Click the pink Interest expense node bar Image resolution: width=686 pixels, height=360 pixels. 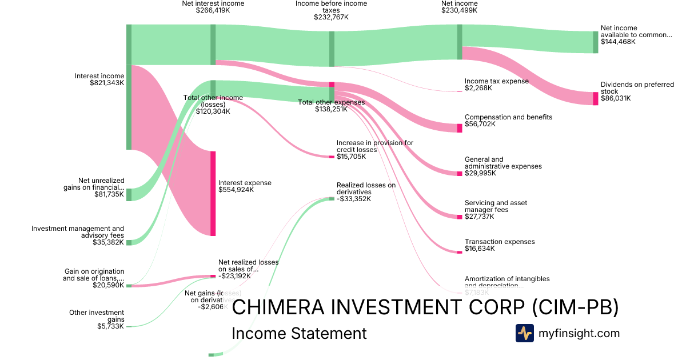click(213, 193)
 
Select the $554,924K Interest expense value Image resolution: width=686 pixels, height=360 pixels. click(237, 190)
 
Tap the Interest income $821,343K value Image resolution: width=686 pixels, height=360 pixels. click(107, 83)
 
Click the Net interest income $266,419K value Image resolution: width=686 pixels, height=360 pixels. click(213, 10)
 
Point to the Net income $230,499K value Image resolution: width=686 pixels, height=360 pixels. click(459, 10)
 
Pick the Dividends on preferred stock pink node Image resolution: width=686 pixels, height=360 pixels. click(595, 98)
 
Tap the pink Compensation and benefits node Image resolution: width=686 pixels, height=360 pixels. click(460, 128)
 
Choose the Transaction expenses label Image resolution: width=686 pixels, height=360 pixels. click(500, 242)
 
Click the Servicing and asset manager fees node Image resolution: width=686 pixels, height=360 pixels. click(460, 217)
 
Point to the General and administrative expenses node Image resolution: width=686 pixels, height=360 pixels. click(460, 173)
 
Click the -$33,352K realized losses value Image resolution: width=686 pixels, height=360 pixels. click(353, 199)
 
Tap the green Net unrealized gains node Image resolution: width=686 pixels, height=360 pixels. click(129, 194)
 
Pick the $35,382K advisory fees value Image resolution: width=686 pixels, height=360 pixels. click(108, 242)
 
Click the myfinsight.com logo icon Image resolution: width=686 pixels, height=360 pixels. click(524, 333)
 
